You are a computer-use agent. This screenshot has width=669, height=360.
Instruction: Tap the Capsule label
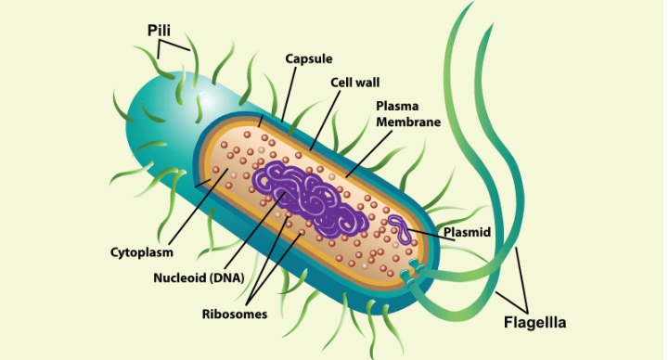pos(308,58)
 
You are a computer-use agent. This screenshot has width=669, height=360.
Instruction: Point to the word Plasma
pos(395,106)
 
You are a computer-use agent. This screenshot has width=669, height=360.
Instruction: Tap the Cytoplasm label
pos(139,251)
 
